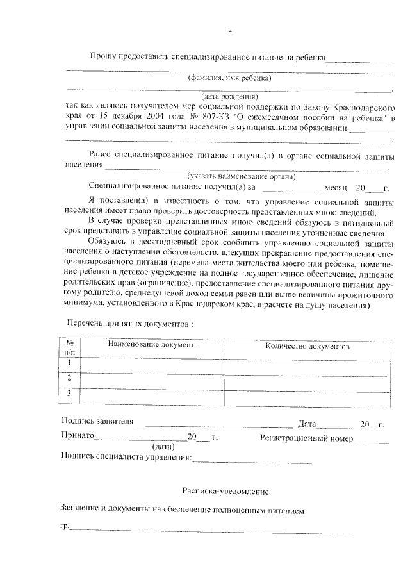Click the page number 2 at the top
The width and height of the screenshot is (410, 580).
pos(229,29)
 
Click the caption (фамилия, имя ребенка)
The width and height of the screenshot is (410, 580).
pos(229,79)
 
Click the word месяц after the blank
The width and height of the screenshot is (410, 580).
pos(336,188)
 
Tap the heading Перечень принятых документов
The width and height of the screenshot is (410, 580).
pos(130,324)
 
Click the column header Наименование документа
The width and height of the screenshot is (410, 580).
pos(152,345)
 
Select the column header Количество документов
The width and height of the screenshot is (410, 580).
pos(307,346)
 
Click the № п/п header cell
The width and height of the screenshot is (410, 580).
pos(70,348)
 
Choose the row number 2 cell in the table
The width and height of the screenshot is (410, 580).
pos(70,379)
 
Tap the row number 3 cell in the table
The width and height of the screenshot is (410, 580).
pos(70,394)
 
